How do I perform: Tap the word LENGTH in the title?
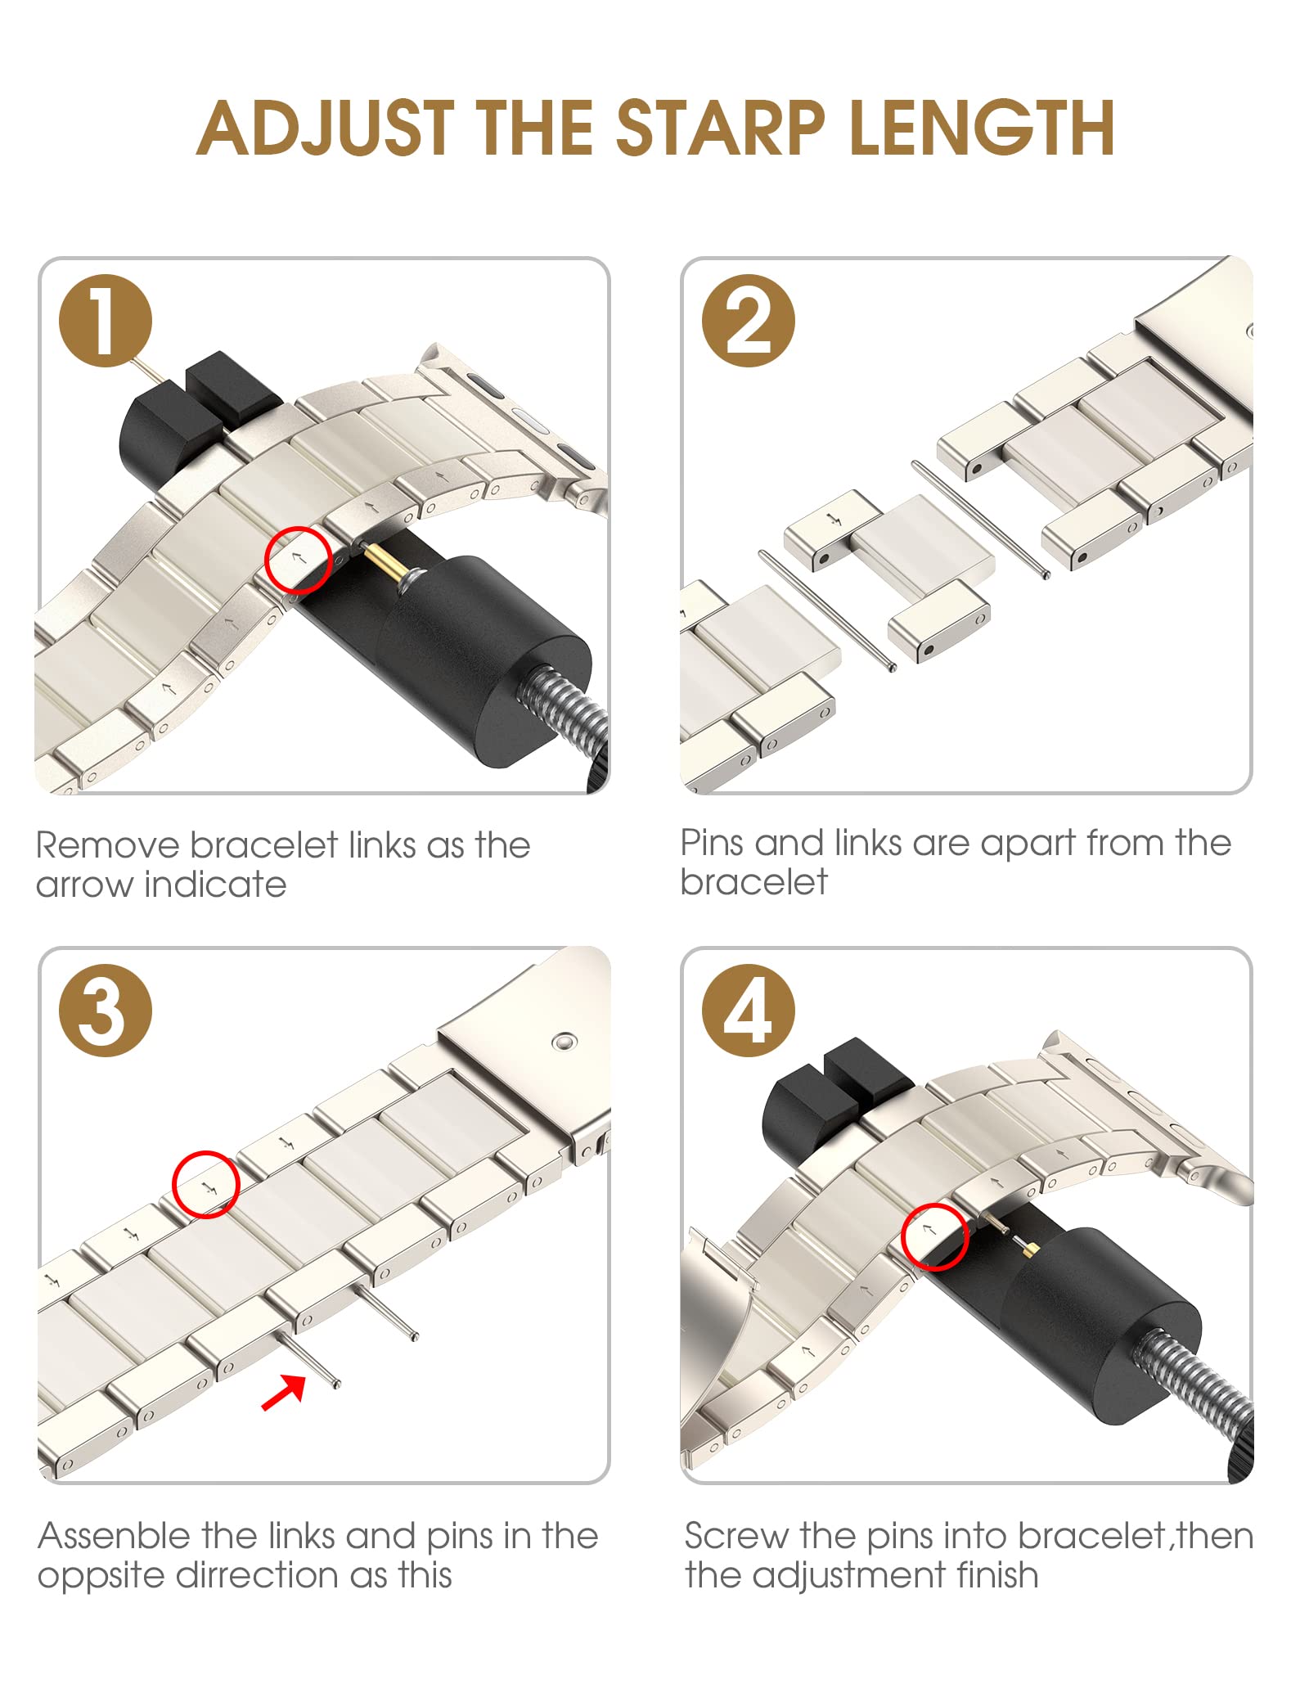tap(982, 128)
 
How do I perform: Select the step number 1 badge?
tap(106, 320)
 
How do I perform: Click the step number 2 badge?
tap(749, 320)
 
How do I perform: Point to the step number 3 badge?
tap(106, 1010)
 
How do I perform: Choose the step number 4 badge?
tap(749, 1010)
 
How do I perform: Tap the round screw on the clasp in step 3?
tap(564, 1042)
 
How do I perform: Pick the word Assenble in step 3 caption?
tap(115, 1536)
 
